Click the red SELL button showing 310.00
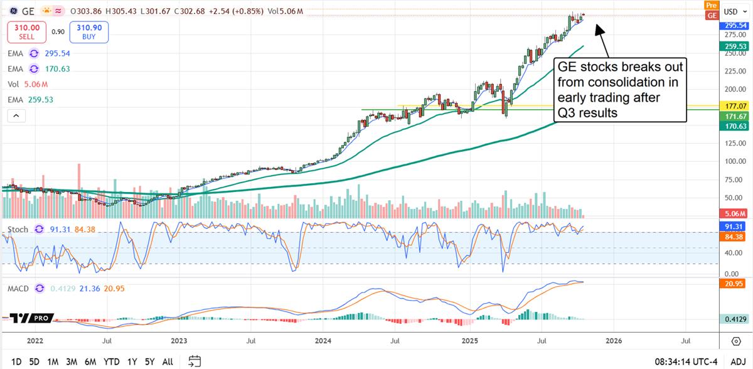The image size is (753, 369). [27, 31]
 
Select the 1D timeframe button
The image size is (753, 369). [16, 361]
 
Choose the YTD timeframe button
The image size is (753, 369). [112, 361]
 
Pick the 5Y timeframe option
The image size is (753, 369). [149, 361]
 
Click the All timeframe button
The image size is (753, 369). [168, 361]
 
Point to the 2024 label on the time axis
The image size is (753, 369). [324, 341]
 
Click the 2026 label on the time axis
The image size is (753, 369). [614, 341]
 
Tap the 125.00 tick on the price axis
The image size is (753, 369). [730, 144]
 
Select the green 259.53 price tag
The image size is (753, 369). [734, 46]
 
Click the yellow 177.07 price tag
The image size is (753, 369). [734, 107]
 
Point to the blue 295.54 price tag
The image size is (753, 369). [734, 26]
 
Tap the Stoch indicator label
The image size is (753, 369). [18, 230]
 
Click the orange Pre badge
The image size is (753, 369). [711, 5]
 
